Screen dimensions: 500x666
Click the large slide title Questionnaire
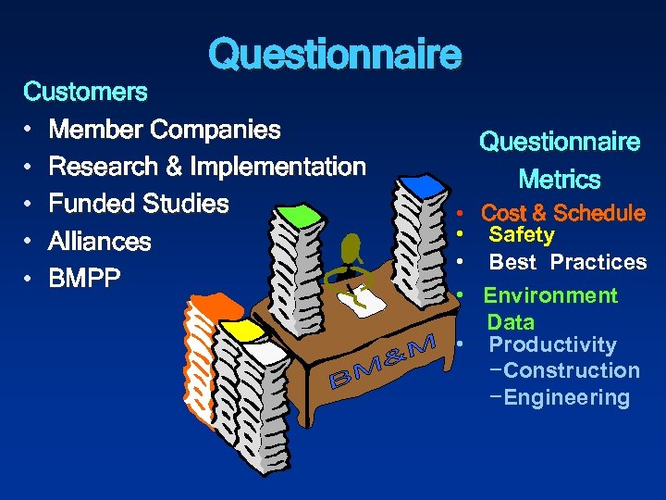(334, 55)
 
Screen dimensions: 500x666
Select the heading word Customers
(85, 92)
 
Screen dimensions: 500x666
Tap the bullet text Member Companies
(165, 130)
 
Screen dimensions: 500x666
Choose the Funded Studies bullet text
(139, 204)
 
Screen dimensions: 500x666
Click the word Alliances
(100, 242)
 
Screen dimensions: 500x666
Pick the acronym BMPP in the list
(85, 278)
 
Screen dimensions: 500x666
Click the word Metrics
(560, 179)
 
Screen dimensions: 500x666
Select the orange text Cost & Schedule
(563, 213)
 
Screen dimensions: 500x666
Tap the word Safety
(522, 235)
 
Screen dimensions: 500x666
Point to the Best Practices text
(568, 262)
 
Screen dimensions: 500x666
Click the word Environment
(550, 295)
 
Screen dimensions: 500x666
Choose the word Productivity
(552, 344)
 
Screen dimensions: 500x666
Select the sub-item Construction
(572, 370)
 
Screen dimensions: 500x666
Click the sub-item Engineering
(567, 398)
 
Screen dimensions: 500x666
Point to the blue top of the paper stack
(424, 184)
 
